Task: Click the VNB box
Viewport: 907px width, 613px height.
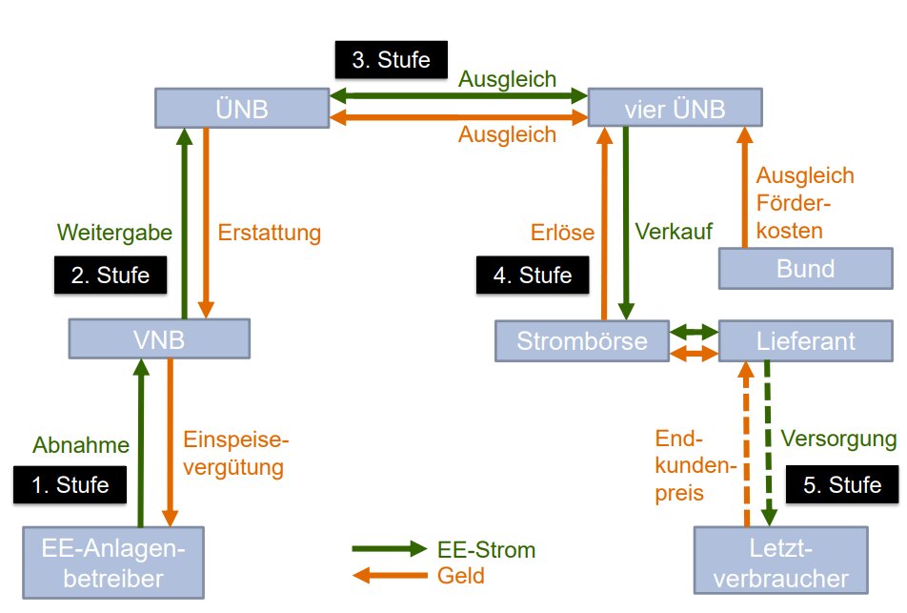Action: [159, 338]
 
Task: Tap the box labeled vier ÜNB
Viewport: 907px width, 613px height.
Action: [675, 109]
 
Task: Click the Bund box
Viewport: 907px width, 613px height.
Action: [804, 268]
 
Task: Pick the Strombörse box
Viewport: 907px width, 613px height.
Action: [582, 340]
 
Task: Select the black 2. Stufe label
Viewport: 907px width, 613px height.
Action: [110, 276]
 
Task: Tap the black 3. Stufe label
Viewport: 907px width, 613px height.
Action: [391, 60]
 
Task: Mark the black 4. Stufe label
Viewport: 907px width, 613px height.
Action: [532, 276]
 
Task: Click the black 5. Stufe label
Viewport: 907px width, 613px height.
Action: [841, 484]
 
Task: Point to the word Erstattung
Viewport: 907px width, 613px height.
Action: [270, 232]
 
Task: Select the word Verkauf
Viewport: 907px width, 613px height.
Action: [673, 232]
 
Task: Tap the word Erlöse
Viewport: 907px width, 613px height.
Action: [562, 232]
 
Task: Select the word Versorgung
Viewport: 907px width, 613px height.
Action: [838, 439]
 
